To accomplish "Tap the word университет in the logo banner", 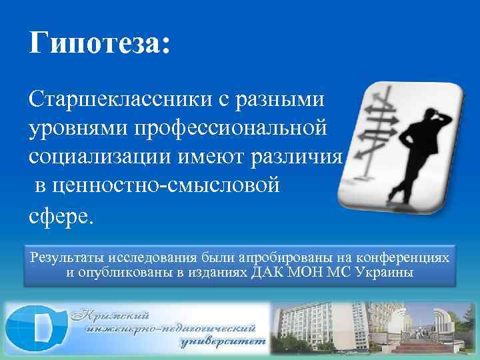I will (223, 344).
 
